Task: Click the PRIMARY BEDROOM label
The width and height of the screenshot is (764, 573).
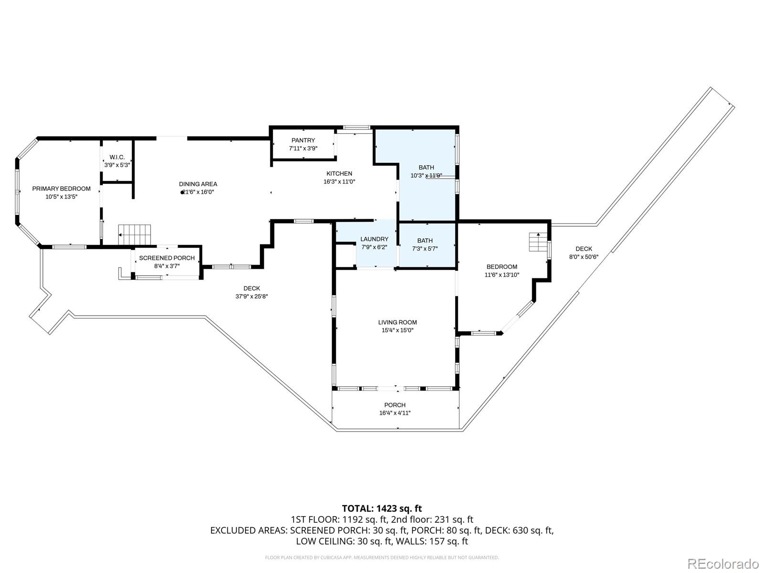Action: pyautogui.click(x=61, y=189)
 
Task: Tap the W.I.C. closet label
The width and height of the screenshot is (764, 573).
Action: pyautogui.click(x=117, y=157)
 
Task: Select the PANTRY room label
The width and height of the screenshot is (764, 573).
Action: pyautogui.click(x=303, y=140)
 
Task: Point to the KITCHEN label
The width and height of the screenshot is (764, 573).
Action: pyautogui.click(x=339, y=174)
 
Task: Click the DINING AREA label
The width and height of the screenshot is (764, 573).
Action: pyautogui.click(x=198, y=184)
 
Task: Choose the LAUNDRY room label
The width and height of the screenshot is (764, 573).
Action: pyautogui.click(x=374, y=239)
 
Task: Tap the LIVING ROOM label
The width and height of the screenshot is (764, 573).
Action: pyautogui.click(x=397, y=322)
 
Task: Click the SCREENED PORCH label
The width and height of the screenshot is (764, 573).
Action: pyautogui.click(x=167, y=258)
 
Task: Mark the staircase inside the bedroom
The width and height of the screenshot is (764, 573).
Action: pyautogui.click(x=538, y=242)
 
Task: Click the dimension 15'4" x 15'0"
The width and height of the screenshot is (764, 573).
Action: pyautogui.click(x=397, y=330)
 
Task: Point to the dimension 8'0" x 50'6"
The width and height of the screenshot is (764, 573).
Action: pyautogui.click(x=584, y=256)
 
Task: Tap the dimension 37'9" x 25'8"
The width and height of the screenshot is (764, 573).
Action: pyautogui.click(x=252, y=296)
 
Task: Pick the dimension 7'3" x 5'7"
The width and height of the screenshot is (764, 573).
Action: pyautogui.click(x=424, y=248)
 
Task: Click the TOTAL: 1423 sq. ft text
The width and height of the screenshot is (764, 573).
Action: pyautogui.click(x=382, y=509)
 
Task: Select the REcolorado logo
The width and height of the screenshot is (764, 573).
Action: pyautogui.click(x=723, y=563)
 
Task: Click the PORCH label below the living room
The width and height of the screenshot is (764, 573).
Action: pyautogui.click(x=395, y=405)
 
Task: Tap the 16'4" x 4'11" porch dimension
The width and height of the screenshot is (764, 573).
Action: pyautogui.click(x=395, y=413)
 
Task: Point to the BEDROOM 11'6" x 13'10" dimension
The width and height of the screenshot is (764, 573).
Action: pyautogui.click(x=502, y=275)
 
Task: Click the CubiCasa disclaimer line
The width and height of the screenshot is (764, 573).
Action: pyautogui.click(x=382, y=557)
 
